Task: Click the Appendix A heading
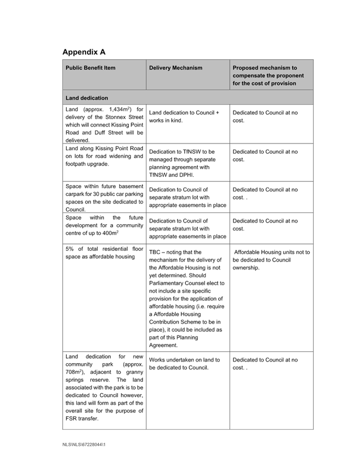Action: click(84, 52)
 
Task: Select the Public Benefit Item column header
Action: click(90, 68)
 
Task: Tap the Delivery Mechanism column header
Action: click(175, 68)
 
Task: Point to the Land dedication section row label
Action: click(86, 98)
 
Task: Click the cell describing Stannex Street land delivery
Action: click(104, 124)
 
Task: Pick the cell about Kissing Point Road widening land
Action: click(104, 156)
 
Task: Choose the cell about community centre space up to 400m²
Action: click(104, 225)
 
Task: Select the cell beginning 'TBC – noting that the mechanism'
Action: click(186, 298)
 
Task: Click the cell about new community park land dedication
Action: click(104, 387)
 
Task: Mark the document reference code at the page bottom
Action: click(84, 445)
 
